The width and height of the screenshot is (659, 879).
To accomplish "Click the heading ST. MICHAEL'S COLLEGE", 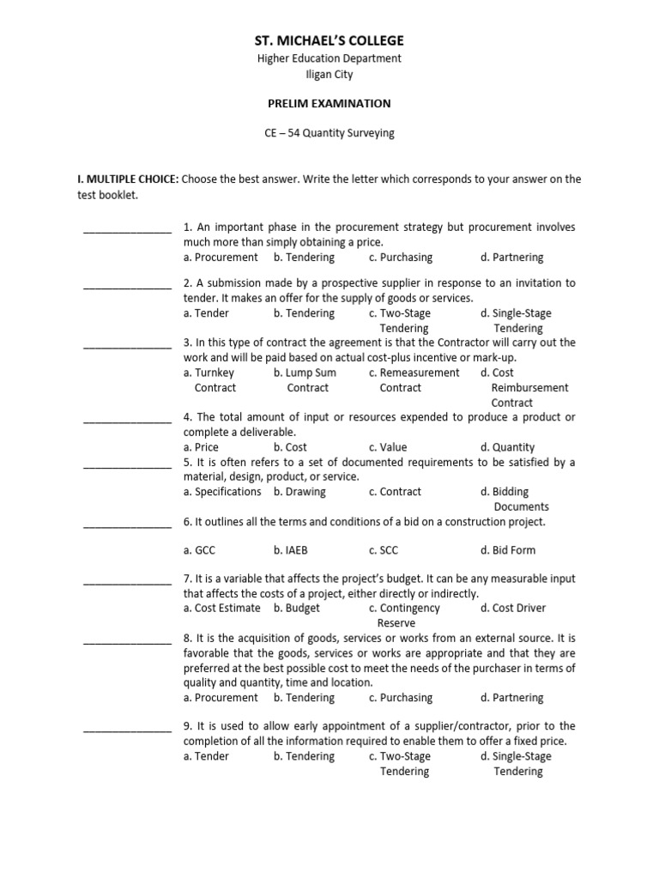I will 329,41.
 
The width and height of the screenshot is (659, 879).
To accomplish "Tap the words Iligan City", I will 329,75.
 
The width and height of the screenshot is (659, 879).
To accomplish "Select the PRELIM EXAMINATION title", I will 329,104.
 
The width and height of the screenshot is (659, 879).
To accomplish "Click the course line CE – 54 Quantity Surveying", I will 329,133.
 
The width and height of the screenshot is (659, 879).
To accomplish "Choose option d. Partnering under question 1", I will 511,257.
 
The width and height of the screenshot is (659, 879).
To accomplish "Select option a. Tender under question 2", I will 206,313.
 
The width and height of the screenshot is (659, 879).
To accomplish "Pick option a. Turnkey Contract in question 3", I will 209,380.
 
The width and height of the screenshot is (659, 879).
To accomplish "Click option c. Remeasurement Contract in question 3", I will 413,380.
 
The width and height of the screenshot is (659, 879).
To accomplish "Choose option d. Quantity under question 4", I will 507,447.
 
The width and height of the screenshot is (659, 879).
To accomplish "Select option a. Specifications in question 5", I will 222,492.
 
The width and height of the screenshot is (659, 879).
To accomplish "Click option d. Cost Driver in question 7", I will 513,608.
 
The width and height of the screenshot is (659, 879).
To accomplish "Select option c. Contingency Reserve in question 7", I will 403,615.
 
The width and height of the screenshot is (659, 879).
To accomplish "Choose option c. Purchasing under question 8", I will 400,698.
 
